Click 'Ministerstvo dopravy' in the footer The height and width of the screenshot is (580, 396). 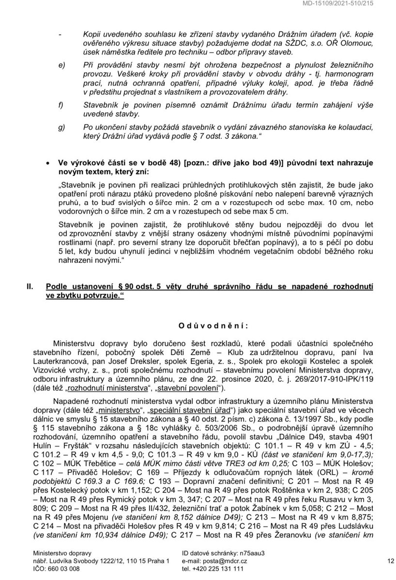62,552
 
